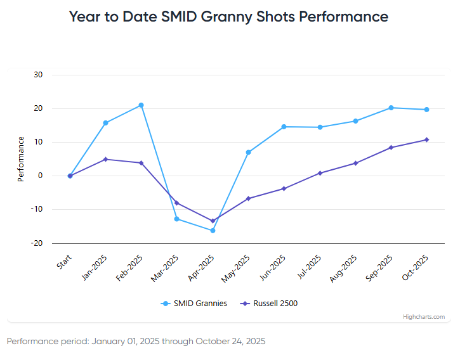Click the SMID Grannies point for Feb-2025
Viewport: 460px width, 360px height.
point(141,105)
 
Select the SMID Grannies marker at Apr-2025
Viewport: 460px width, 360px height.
point(213,231)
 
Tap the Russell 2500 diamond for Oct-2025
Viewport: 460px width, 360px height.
point(426,140)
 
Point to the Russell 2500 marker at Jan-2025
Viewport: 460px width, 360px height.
point(105,159)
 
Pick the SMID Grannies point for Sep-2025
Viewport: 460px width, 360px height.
point(391,108)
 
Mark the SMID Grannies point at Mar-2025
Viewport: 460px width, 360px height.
point(177,219)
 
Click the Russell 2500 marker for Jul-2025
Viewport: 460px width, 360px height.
point(320,173)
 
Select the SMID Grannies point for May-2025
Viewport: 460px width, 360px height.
point(248,152)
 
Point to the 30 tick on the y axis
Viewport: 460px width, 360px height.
point(38,75)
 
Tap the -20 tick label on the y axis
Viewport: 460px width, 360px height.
point(37,243)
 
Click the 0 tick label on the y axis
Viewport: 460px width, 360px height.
point(40,176)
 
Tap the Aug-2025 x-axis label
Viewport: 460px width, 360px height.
point(346,267)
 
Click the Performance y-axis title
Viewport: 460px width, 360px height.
point(21,159)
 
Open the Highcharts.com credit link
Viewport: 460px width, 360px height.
point(424,317)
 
